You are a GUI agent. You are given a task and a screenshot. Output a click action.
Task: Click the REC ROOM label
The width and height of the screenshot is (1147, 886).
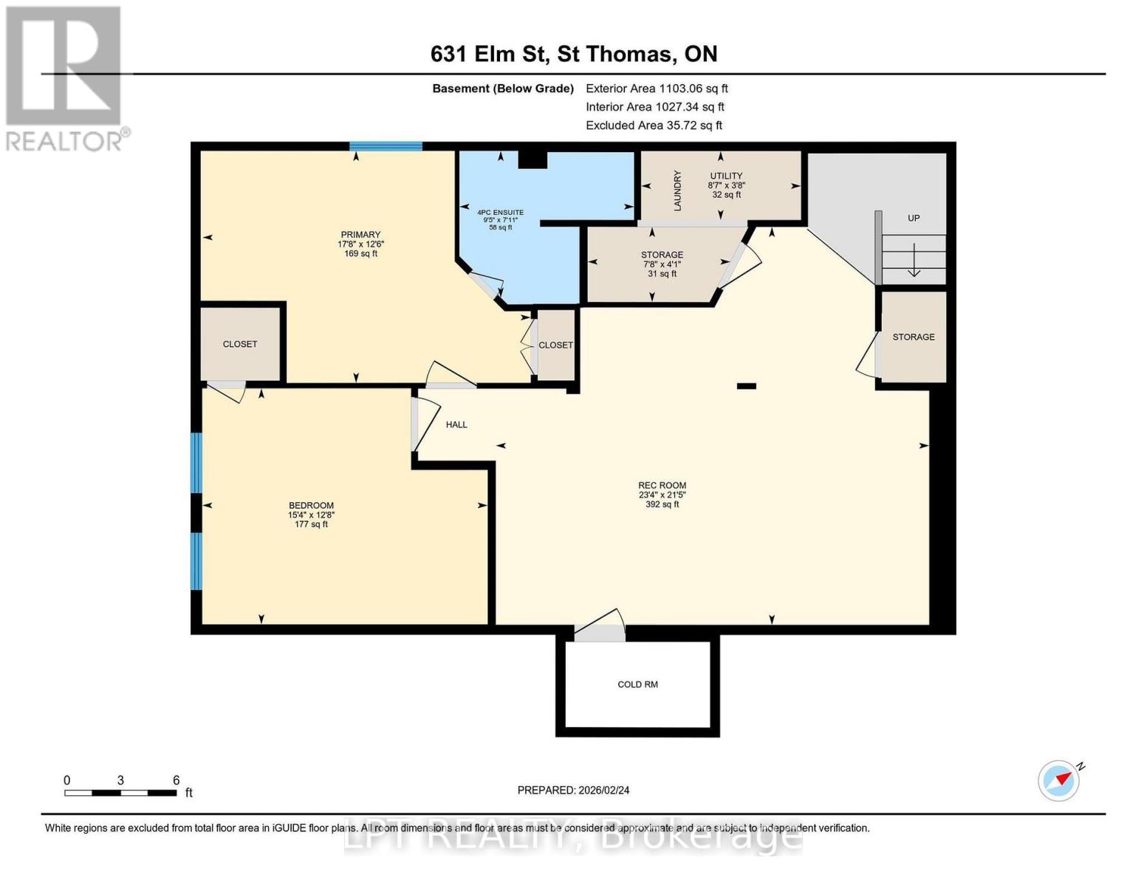(x=662, y=486)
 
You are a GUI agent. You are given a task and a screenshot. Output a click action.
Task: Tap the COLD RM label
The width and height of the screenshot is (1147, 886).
(x=637, y=684)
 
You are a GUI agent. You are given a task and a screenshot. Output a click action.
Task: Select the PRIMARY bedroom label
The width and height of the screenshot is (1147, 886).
(x=360, y=235)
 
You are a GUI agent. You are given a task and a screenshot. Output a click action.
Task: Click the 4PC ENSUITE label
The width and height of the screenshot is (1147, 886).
(x=500, y=213)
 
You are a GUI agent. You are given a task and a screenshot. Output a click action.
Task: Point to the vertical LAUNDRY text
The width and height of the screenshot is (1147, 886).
(x=677, y=190)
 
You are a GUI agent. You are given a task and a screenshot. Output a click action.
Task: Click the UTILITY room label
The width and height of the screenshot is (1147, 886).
(x=726, y=176)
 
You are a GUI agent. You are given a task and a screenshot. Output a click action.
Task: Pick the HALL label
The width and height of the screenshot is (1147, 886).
(x=456, y=425)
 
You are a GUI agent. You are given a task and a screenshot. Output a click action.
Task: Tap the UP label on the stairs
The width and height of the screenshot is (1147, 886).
(x=914, y=219)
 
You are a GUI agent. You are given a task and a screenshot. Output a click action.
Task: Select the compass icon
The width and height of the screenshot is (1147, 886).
(x=1059, y=780)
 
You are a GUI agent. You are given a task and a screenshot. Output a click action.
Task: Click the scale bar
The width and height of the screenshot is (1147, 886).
(x=120, y=793)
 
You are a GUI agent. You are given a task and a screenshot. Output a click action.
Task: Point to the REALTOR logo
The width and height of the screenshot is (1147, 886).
(x=65, y=78)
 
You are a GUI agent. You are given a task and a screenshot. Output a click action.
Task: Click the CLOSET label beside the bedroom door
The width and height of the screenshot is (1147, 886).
(x=240, y=344)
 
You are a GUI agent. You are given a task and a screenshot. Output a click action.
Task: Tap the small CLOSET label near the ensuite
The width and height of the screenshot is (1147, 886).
(x=555, y=345)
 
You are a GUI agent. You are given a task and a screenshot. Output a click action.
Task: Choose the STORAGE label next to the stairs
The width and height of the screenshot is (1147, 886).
(x=914, y=337)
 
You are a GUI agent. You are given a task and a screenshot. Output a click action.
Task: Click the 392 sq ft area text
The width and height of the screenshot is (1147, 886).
(x=662, y=504)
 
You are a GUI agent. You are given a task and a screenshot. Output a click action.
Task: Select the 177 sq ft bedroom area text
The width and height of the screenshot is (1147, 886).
(x=311, y=524)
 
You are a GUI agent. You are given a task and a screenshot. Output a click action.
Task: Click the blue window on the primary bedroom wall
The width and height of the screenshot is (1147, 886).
(x=386, y=146)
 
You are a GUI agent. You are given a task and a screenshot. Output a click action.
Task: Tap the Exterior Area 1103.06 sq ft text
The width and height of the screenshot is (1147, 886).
(x=657, y=89)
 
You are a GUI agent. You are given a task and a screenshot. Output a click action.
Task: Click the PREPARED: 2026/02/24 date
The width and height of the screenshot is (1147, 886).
(x=573, y=790)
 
